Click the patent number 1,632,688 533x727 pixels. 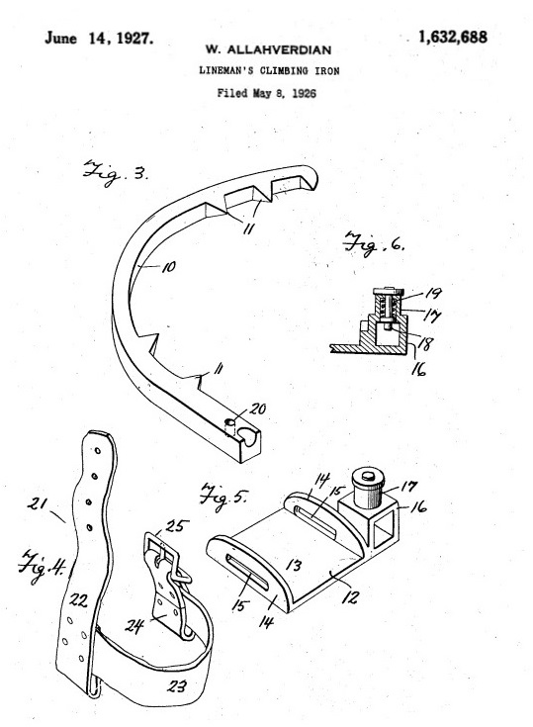click(452, 38)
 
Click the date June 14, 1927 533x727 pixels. click(99, 38)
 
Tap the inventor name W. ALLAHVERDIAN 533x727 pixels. click(268, 50)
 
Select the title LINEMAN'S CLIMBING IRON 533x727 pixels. click(269, 70)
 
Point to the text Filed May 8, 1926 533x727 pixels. click(267, 93)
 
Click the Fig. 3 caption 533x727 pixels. click(115, 172)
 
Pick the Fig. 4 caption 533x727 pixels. click(42, 566)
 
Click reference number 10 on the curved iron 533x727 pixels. click(168, 267)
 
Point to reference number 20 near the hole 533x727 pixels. click(257, 409)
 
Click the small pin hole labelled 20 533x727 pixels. click(229, 423)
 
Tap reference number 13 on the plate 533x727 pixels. click(294, 565)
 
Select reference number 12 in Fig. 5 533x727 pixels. click(351, 596)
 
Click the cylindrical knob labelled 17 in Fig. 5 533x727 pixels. click(368, 488)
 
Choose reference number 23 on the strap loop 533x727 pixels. click(177, 685)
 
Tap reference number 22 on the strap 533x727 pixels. click(78, 600)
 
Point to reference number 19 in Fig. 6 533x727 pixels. click(432, 293)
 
